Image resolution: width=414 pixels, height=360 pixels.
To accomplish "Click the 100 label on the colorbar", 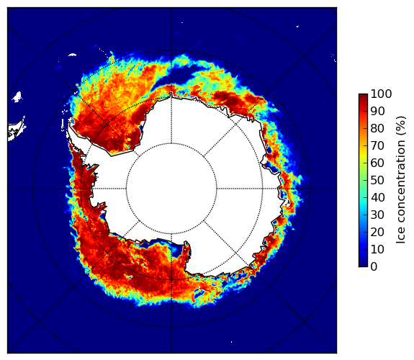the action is coord(381,94).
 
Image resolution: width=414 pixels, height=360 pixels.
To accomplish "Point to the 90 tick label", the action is coord(377,111).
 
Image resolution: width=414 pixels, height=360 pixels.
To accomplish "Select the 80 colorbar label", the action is coord(377,128).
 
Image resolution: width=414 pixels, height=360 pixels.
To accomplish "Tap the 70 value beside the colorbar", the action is coord(377,145).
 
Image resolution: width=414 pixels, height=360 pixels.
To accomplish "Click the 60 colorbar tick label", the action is coord(377,163).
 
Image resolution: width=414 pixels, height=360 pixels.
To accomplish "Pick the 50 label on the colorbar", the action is coord(377,180).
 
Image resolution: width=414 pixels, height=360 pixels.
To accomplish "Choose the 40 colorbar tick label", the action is coord(377,197).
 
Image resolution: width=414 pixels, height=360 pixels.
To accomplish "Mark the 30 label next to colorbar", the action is coord(377,215).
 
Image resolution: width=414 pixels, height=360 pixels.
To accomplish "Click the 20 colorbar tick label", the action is coord(377,232).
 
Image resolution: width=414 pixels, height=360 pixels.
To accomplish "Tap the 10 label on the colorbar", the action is coord(377,249).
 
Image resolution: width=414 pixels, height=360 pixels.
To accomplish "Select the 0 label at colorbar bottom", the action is coord(374,266).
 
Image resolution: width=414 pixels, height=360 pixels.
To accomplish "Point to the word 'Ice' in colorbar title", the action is coord(401,237).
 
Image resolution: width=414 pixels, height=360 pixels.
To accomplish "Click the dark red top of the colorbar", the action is coord(363,96).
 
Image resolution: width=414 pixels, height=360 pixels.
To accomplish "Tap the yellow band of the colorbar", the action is coord(363,156).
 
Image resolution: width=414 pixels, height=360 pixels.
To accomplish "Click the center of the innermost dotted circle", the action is coord(171,189).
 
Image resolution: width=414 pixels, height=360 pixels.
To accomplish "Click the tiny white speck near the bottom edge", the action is coord(232,342).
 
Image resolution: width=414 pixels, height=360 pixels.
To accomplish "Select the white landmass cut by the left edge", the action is coord(16,130).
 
